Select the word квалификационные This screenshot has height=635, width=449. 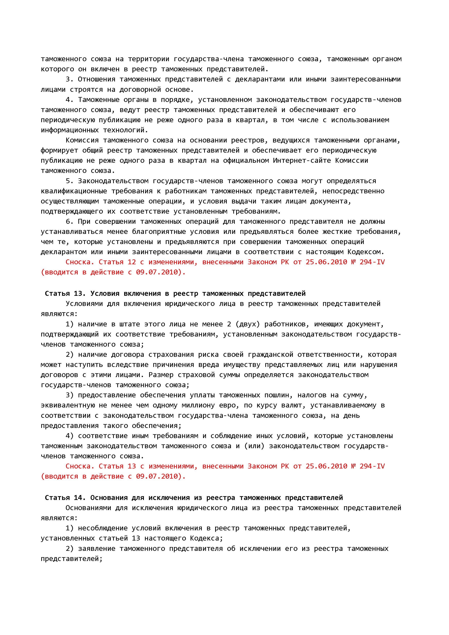(x=74, y=191)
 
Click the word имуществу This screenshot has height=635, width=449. (x=242, y=365)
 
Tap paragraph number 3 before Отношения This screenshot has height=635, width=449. (x=69, y=79)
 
